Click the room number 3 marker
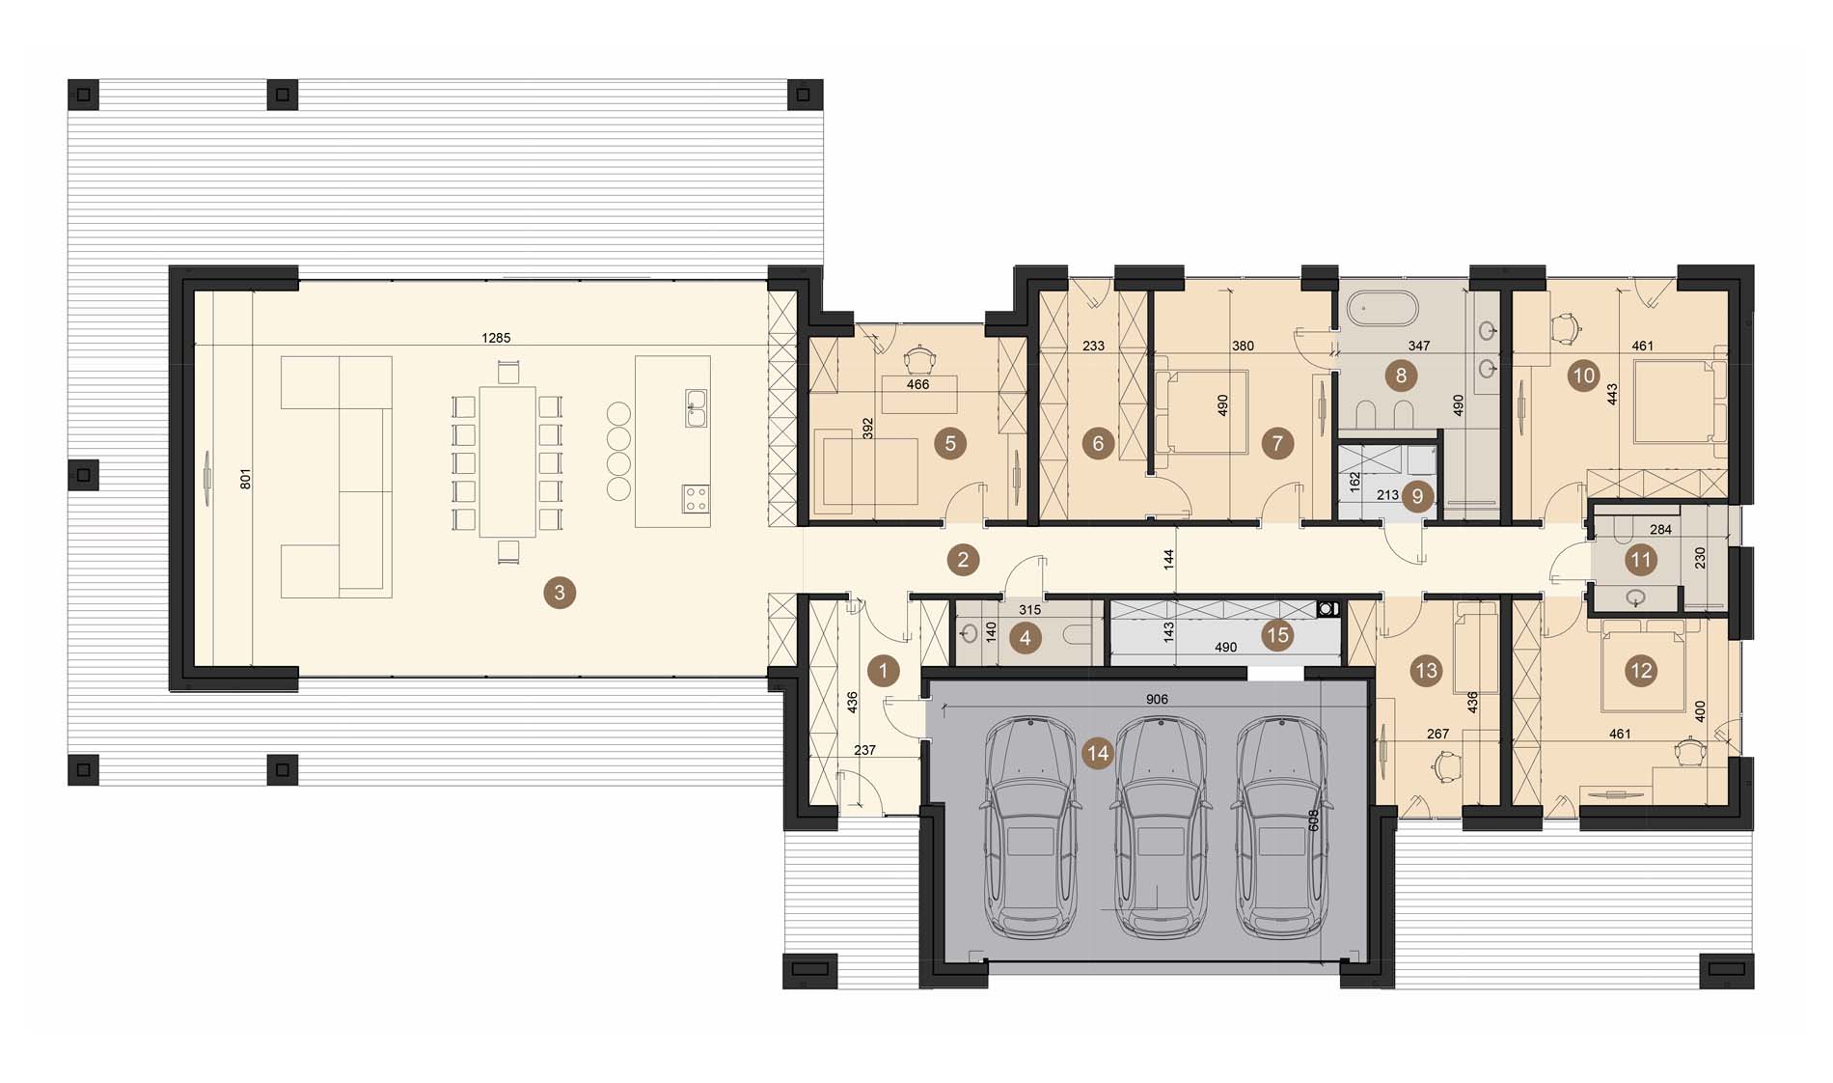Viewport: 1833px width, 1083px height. [560, 592]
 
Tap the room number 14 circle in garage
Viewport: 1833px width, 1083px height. [1098, 753]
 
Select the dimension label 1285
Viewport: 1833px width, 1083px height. [496, 338]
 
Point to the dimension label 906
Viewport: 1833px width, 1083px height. [1157, 700]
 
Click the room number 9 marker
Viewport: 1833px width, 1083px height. [1417, 496]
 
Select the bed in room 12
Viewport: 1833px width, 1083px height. [1643, 664]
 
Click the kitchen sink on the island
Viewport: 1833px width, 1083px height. [695, 408]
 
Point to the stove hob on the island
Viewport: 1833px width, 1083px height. [695, 498]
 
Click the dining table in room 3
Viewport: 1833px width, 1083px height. [507, 461]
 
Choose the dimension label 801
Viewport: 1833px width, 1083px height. [246, 479]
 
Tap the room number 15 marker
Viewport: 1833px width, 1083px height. [1277, 635]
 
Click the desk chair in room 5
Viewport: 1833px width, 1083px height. [920, 360]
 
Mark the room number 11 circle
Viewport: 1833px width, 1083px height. [1640, 560]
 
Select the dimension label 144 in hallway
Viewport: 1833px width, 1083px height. [1168, 559]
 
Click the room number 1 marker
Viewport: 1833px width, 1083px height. [883, 670]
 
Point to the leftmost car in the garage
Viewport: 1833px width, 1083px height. [1029, 827]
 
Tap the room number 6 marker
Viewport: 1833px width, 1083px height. [1097, 443]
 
